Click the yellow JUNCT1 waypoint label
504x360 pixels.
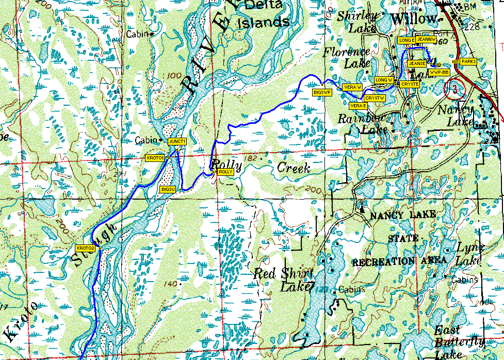pyautogui.click(x=176, y=141)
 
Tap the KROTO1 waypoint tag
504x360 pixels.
pyautogui.click(x=155, y=158)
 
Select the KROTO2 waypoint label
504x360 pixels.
pyautogui.click(x=85, y=248)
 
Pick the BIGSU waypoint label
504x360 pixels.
pyautogui.click(x=169, y=190)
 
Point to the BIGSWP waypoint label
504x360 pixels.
pyautogui.click(x=322, y=91)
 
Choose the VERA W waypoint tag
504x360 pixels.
pyautogui.click(x=352, y=87)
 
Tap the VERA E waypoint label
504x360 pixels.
pyautogui.click(x=357, y=105)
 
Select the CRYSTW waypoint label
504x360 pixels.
pyautogui.click(x=375, y=97)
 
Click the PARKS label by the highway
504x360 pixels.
pyautogui.click(x=468, y=61)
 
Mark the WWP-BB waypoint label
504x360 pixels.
pyautogui.click(x=439, y=73)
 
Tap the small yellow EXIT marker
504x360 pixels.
pyautogui.click(x=456, y=62)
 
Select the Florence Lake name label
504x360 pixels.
pyautogui.click(x=347, y=57)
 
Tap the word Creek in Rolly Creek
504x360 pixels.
pyautogui.click(x=294, y=168)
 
